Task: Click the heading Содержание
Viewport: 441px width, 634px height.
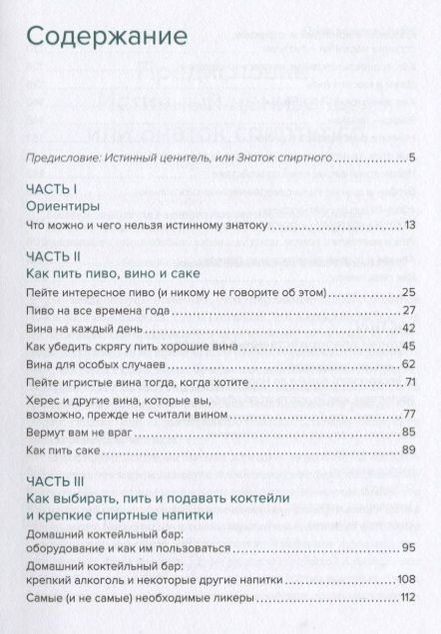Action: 107,37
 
